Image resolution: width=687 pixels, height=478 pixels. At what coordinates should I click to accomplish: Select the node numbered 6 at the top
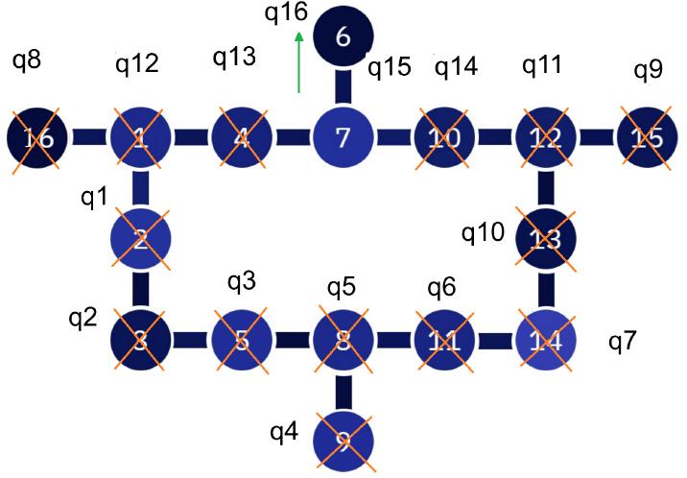[x=344, y=36]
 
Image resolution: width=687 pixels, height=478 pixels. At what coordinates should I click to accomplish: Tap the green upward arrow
[x=300, y=62]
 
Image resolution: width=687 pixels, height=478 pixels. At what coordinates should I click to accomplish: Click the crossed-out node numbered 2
[x=141, y=237]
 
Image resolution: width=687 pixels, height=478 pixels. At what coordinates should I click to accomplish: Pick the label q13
[x=235, y=57]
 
